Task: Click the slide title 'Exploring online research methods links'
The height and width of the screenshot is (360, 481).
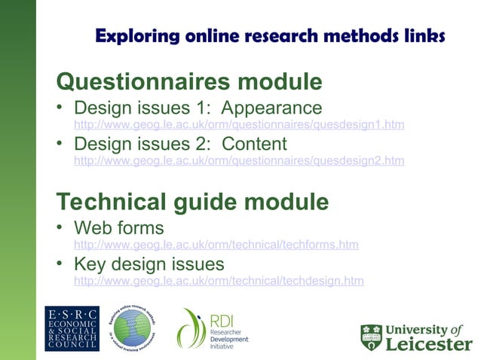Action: [x=270, y=35]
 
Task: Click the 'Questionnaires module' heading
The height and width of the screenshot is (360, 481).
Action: [x=189, y=81]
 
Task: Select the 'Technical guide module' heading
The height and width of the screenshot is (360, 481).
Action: [x=192, y=202]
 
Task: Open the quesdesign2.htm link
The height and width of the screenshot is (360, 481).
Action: [x=238, y=160]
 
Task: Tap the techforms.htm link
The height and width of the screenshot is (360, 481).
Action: [x=216, y=245]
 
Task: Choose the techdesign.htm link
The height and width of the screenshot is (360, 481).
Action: [x=218, y=281]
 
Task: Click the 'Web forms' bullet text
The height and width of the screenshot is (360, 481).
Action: [x=118, y=227]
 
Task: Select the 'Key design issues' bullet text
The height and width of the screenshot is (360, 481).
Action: [x=149, y=264]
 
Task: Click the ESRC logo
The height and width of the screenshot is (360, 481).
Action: [x=72, y=328]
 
